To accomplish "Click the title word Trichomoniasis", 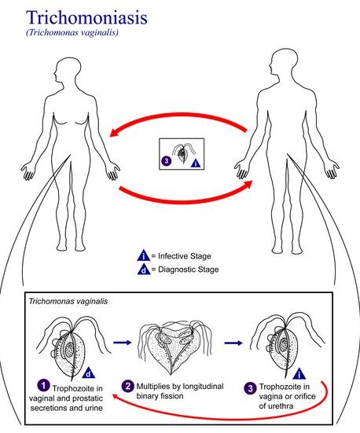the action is (86, 17).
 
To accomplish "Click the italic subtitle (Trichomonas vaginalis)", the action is (72, 32).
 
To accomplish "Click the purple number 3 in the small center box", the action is (166, 161).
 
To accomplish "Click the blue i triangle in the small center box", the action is (196, 163).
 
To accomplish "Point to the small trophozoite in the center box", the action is (182, 153).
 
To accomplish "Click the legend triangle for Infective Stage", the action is (144, 255).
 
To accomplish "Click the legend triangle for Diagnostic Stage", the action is (144, 270).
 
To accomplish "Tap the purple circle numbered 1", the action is (43, 386).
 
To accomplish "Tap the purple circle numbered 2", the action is (128, 386).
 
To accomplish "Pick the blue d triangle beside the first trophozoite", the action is (88, 372).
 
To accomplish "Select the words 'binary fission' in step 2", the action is (160, 396).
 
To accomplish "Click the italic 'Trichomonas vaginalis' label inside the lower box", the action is (68, 301).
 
